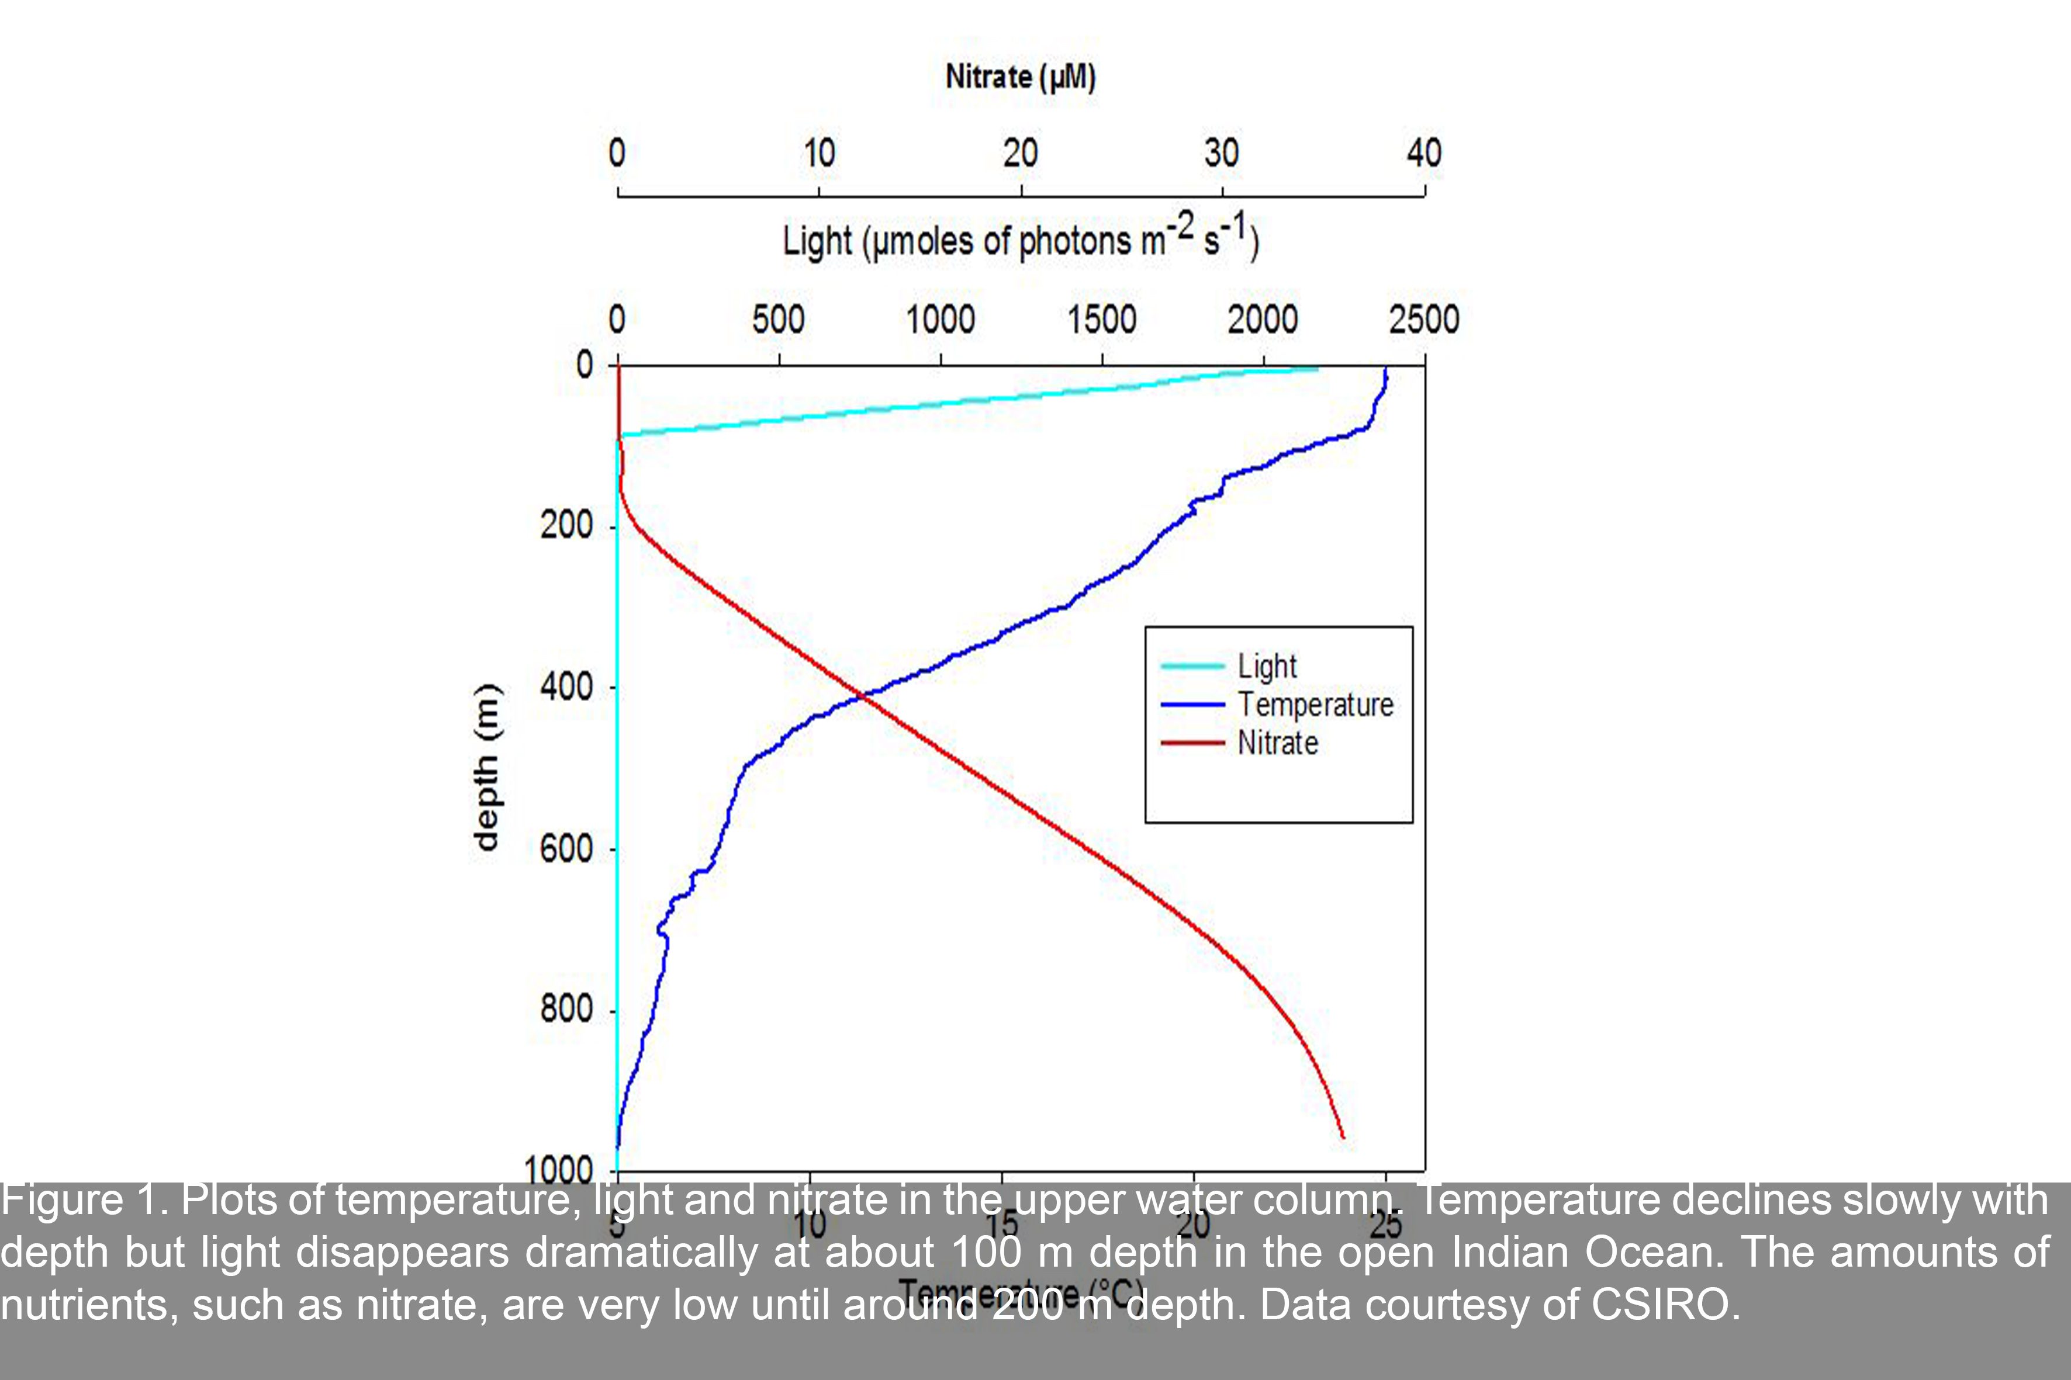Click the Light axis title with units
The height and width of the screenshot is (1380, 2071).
[x=1021, y=240]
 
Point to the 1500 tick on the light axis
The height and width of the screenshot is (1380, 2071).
[x=1101, y=320]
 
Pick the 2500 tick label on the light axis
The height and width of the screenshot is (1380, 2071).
[x=1424, y=320]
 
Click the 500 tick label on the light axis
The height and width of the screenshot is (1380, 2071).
[x=779, y=320]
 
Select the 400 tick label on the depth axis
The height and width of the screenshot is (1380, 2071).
[x=566, y=686]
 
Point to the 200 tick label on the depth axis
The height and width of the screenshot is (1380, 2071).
[x=566, y=525]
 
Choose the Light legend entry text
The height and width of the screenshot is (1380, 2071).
[x=1267, y=666]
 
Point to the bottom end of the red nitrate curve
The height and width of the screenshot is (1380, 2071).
[x=1343, y=1137]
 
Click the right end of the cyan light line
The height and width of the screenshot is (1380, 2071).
[x=1318, y=369]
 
